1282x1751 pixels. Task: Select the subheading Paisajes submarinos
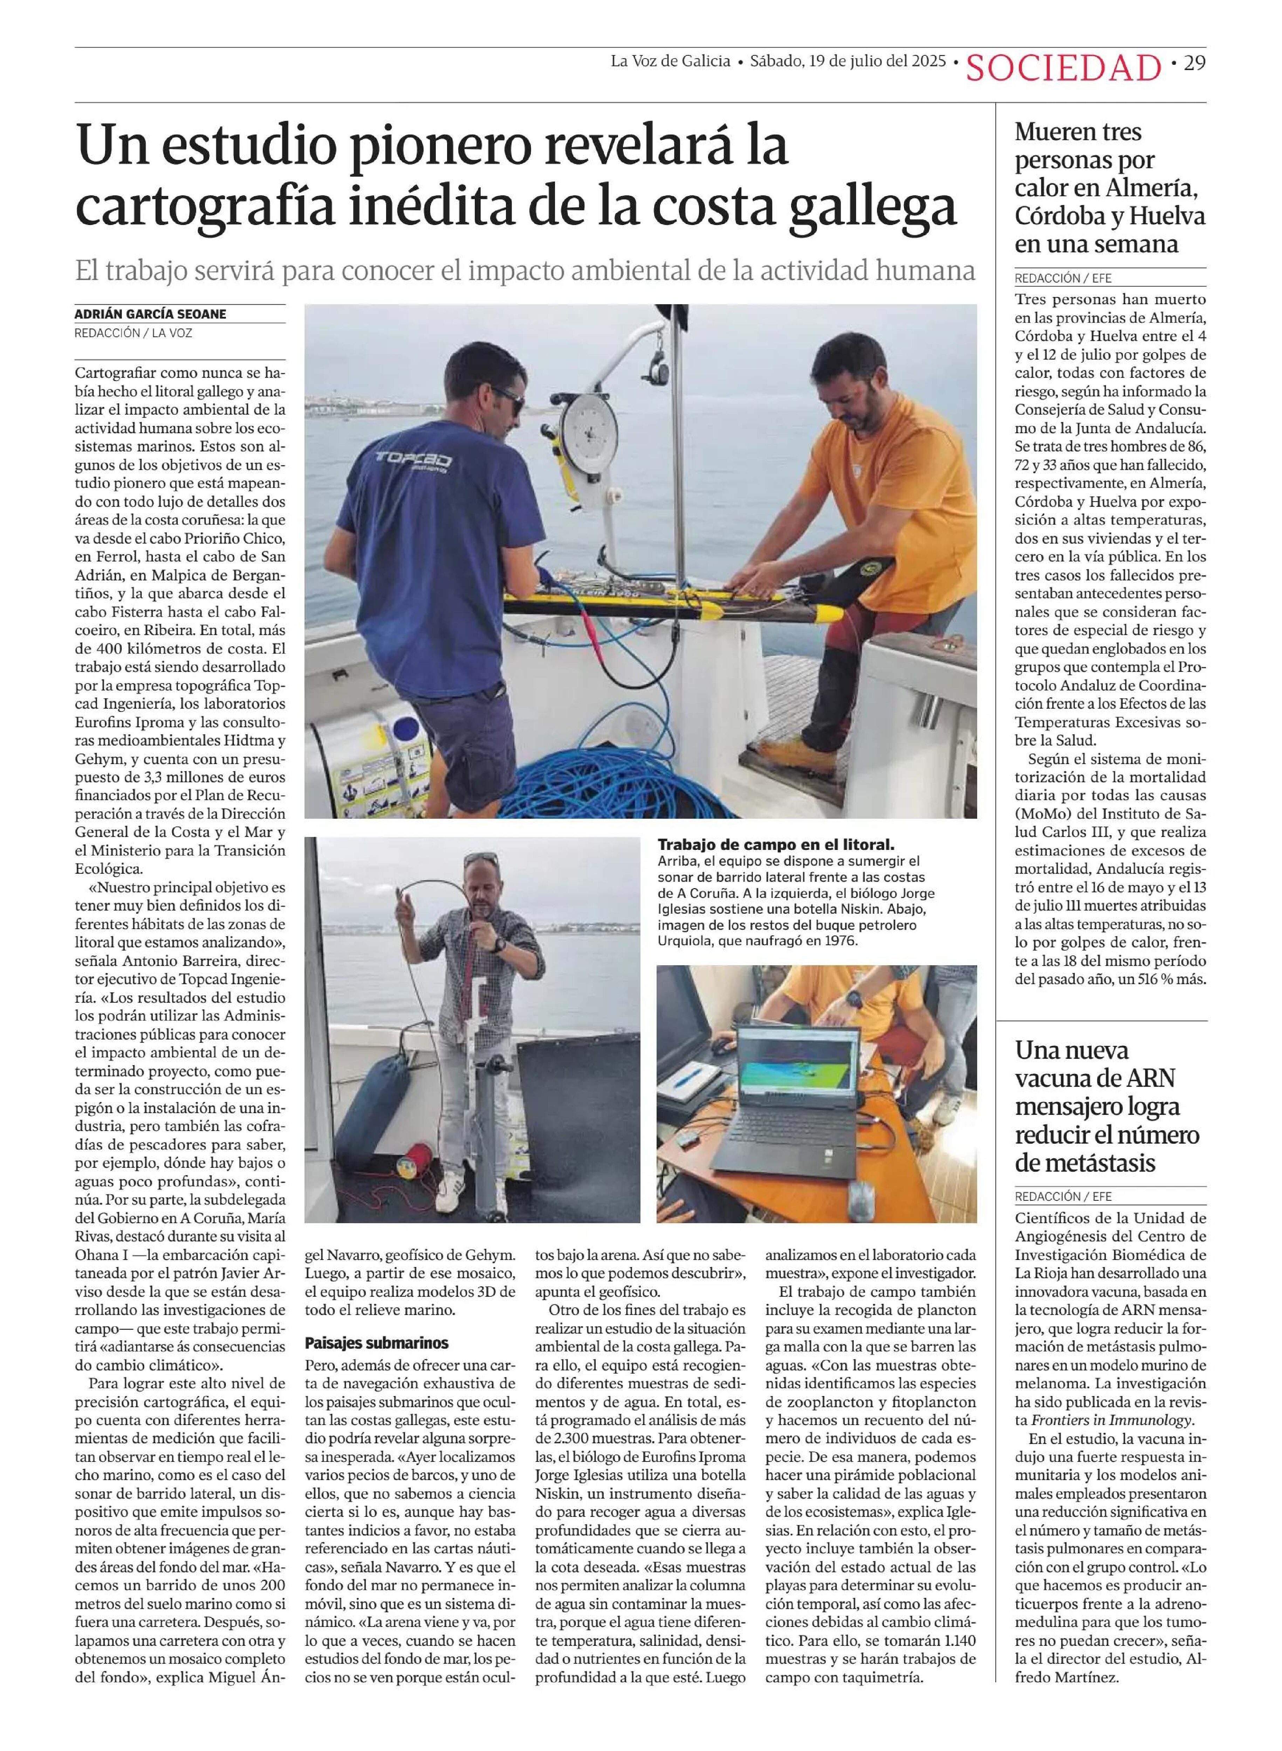376,1342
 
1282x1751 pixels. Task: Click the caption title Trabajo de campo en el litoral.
775,844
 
